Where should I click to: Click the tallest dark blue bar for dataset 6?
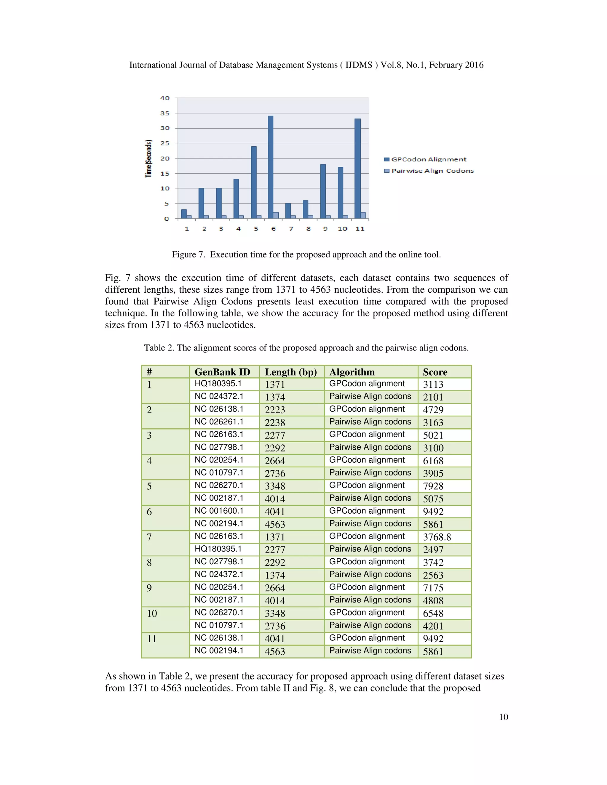(270, 167)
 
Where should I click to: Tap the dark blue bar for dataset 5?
(253, 182)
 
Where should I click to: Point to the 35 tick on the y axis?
(165, 113)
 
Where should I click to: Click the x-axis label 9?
(325, 229)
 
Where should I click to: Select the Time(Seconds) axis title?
(148, 158)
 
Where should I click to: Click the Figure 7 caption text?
(306, 254)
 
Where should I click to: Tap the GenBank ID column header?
(222, 372)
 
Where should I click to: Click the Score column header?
(435, 372)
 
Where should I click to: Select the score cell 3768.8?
(437, 537)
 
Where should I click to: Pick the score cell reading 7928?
(433, 486)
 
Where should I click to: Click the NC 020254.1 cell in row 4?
(219, 460)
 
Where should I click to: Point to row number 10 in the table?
(152, 613)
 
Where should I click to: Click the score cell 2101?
(433, 397)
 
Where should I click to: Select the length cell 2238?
(275, 422)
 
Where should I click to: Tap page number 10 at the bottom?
(504, 717)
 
